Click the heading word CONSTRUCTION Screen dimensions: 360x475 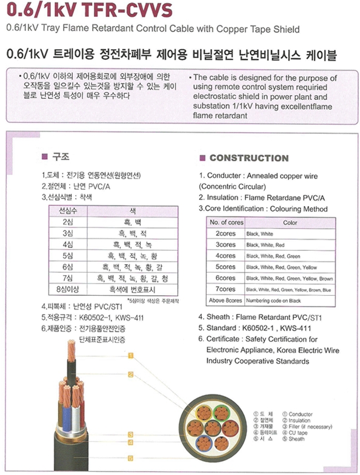(x=248, y=158)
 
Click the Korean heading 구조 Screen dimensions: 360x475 (x=59, y=157)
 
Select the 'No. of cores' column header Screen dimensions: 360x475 (x=227, y=222)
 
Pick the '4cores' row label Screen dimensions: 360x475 (x=226, y=256)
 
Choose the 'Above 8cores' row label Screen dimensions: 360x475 (x=225, y=300)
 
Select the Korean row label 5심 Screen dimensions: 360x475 (x=67, y=256)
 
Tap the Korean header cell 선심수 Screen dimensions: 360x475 (x=67, y=211)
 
